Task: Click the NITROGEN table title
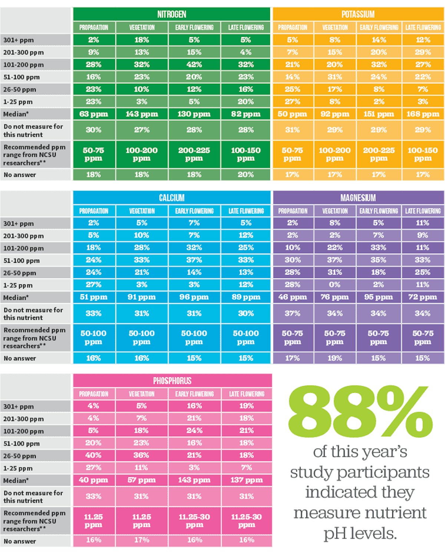click(x=172, y=14)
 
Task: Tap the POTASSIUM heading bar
click(x=358, y=14)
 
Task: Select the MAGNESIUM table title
click(x=358, y=198)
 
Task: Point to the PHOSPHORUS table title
click(x=172, y=381)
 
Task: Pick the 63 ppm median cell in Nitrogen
click(x=94, y=114)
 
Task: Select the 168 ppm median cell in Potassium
click(x=423, y=114)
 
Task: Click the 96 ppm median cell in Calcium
click(x=194, y=297)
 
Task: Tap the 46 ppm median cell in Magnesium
click(x=293, y=297)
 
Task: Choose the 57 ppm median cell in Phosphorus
click(x=142, y=480)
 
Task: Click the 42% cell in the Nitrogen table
click(x=194, y=64)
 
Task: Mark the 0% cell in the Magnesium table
click(x=334, y=285)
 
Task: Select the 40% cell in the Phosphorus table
click(x=93, y=455)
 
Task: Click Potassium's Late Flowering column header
click(x=423, y=27)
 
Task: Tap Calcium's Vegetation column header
click(x=142, y=211)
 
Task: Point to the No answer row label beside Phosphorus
click(x=20, y=541)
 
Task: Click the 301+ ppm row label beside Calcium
click(x=19, y=223)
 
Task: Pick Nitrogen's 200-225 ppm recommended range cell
click(x=194, y=154)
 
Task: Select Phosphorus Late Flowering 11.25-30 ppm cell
click(x=247, y=520)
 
